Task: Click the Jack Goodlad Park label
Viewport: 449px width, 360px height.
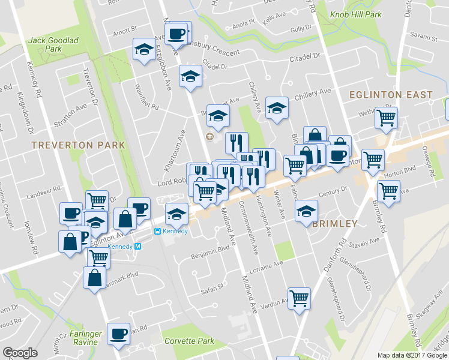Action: (x=53, y=44)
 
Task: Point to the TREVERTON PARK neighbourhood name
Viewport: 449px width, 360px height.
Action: (x=78, y=145)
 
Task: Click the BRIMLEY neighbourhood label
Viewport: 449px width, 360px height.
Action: (x=335, y=224)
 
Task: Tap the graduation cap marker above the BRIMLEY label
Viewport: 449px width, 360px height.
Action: (x=306, y=210)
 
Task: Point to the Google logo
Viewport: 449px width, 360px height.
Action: (x=20, y=353)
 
